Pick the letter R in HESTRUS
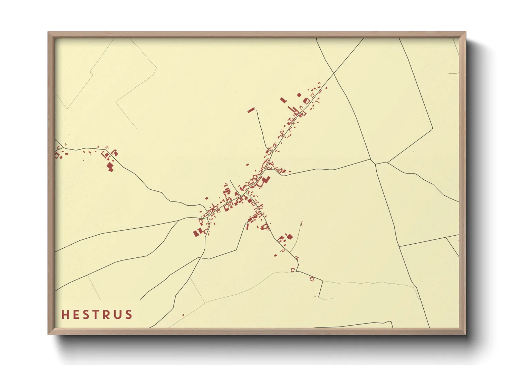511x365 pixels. coord(107,315)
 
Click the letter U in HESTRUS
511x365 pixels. coord(118,315)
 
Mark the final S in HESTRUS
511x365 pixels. coord(128,315)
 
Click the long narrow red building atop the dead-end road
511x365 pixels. coord(251,110)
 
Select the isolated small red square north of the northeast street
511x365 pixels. coord(299,95)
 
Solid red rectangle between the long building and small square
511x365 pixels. coord(283,100)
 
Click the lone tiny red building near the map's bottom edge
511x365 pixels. coord(183,315)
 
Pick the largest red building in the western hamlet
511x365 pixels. coord(110,167)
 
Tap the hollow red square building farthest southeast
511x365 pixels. coord(312,278)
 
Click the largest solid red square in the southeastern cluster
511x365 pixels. coord(289,236)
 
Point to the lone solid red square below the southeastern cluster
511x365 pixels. coord(275,256)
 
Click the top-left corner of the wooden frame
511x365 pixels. coord(48,32)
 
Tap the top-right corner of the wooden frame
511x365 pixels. coord(466,32)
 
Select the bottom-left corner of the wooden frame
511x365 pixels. coord(48,334)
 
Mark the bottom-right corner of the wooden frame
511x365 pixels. coord(466,334)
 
